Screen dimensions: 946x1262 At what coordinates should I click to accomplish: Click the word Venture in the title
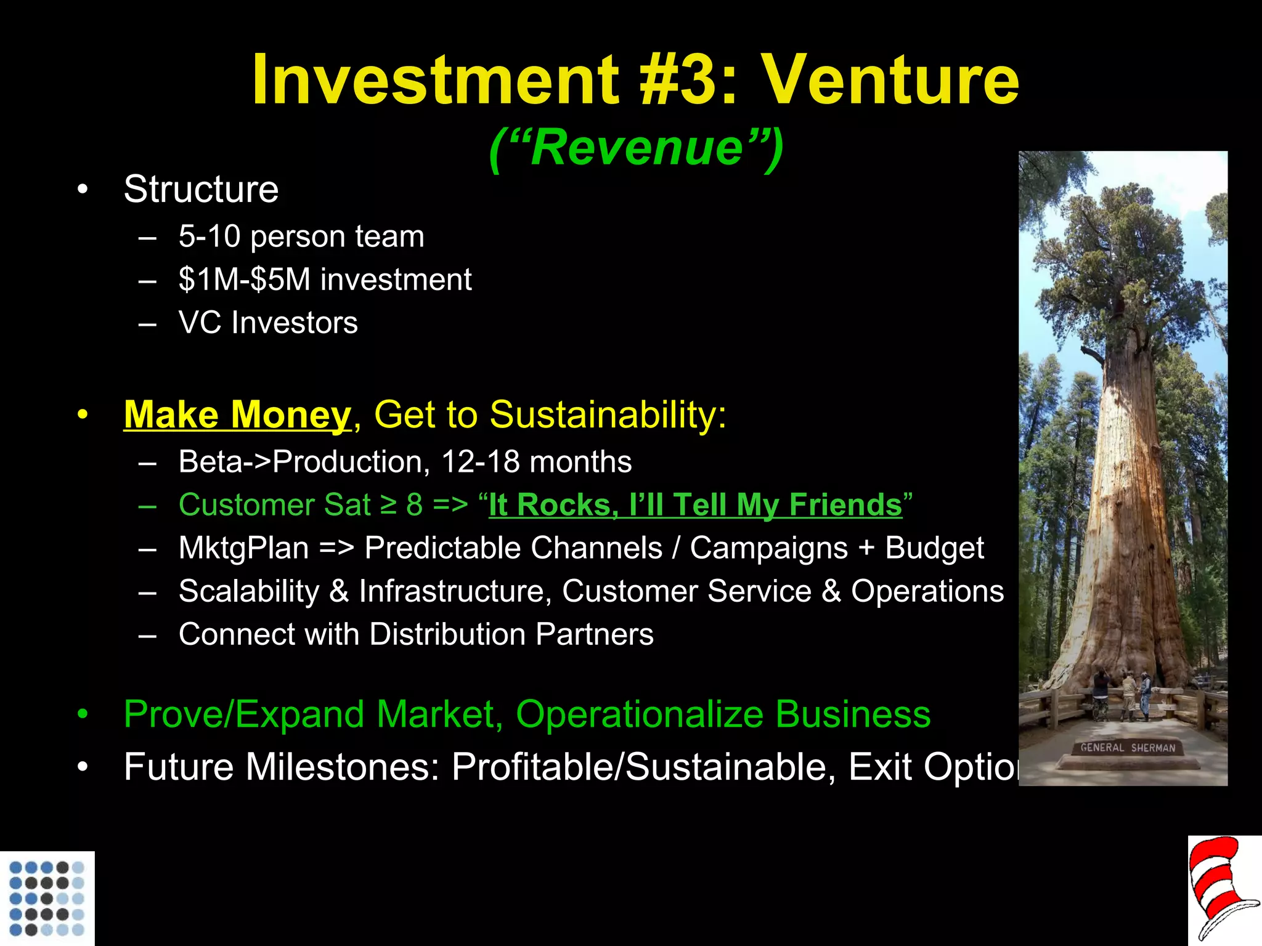tap(891, 80)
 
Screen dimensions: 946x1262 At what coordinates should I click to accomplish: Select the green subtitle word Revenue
tap(637, 148)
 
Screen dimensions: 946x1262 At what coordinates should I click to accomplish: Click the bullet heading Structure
tap(201, 189)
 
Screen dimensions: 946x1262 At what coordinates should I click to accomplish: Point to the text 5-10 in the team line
tap(209, 236)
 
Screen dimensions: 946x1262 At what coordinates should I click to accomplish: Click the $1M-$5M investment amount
tap(245, 280)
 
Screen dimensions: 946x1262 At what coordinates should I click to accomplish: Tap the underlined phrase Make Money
tap(237, 414)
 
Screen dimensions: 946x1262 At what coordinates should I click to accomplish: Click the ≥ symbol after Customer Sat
tap(388, 505)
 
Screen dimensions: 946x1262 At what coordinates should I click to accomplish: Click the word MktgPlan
tap(243, 548)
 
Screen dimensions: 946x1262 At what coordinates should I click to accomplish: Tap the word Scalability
tap(249, 591)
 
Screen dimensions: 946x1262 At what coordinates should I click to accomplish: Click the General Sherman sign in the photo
tap(1128, 748)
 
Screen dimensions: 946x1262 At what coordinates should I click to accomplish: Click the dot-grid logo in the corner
tap(47, 899)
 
